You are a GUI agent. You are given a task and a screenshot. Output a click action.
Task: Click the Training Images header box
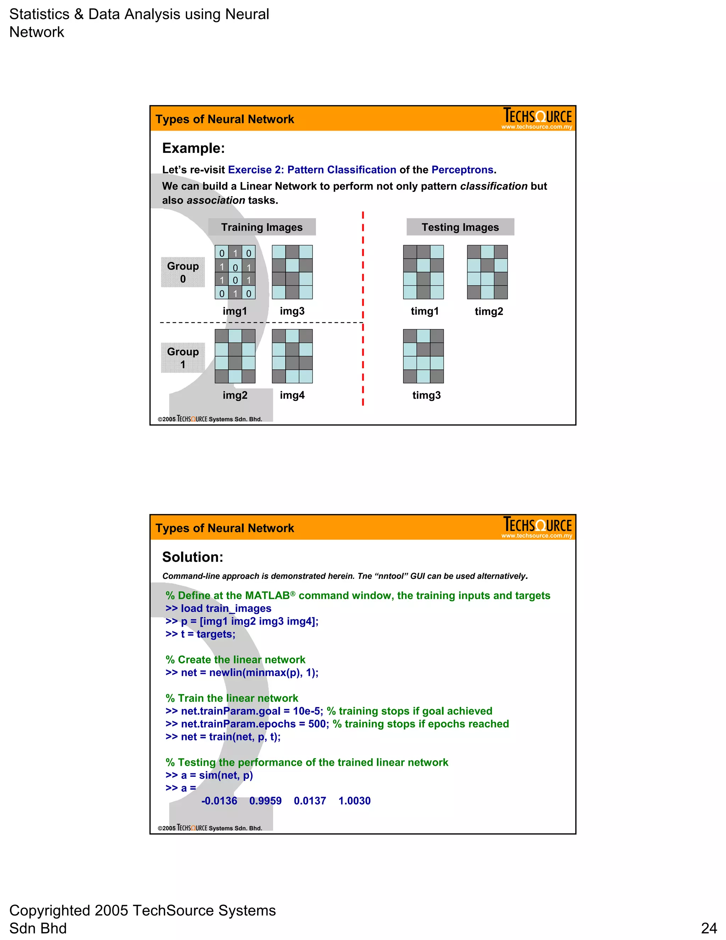[x=262, y=227]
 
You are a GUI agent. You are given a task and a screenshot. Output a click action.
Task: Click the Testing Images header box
[x=460, y=227]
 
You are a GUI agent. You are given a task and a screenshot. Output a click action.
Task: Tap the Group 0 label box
[x=183, y=272]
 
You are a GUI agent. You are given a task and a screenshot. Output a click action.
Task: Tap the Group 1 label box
[x=183, y=358]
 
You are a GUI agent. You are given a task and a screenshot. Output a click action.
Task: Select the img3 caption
[x=292, y=311]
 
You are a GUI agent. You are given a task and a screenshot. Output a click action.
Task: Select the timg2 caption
[x=488, y=311]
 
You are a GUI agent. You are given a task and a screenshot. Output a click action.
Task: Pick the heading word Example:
[x=193, y=148]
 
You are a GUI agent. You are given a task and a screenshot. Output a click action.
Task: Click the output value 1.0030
[x=354, y=801]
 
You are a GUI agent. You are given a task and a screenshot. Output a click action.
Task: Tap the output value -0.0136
[x=219, y=801]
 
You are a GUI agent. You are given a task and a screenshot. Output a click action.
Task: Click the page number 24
[x=709, y=928]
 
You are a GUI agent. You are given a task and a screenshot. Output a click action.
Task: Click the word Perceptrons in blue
[x=462, y=170]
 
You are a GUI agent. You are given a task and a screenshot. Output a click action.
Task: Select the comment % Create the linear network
[x=235, y=659]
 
